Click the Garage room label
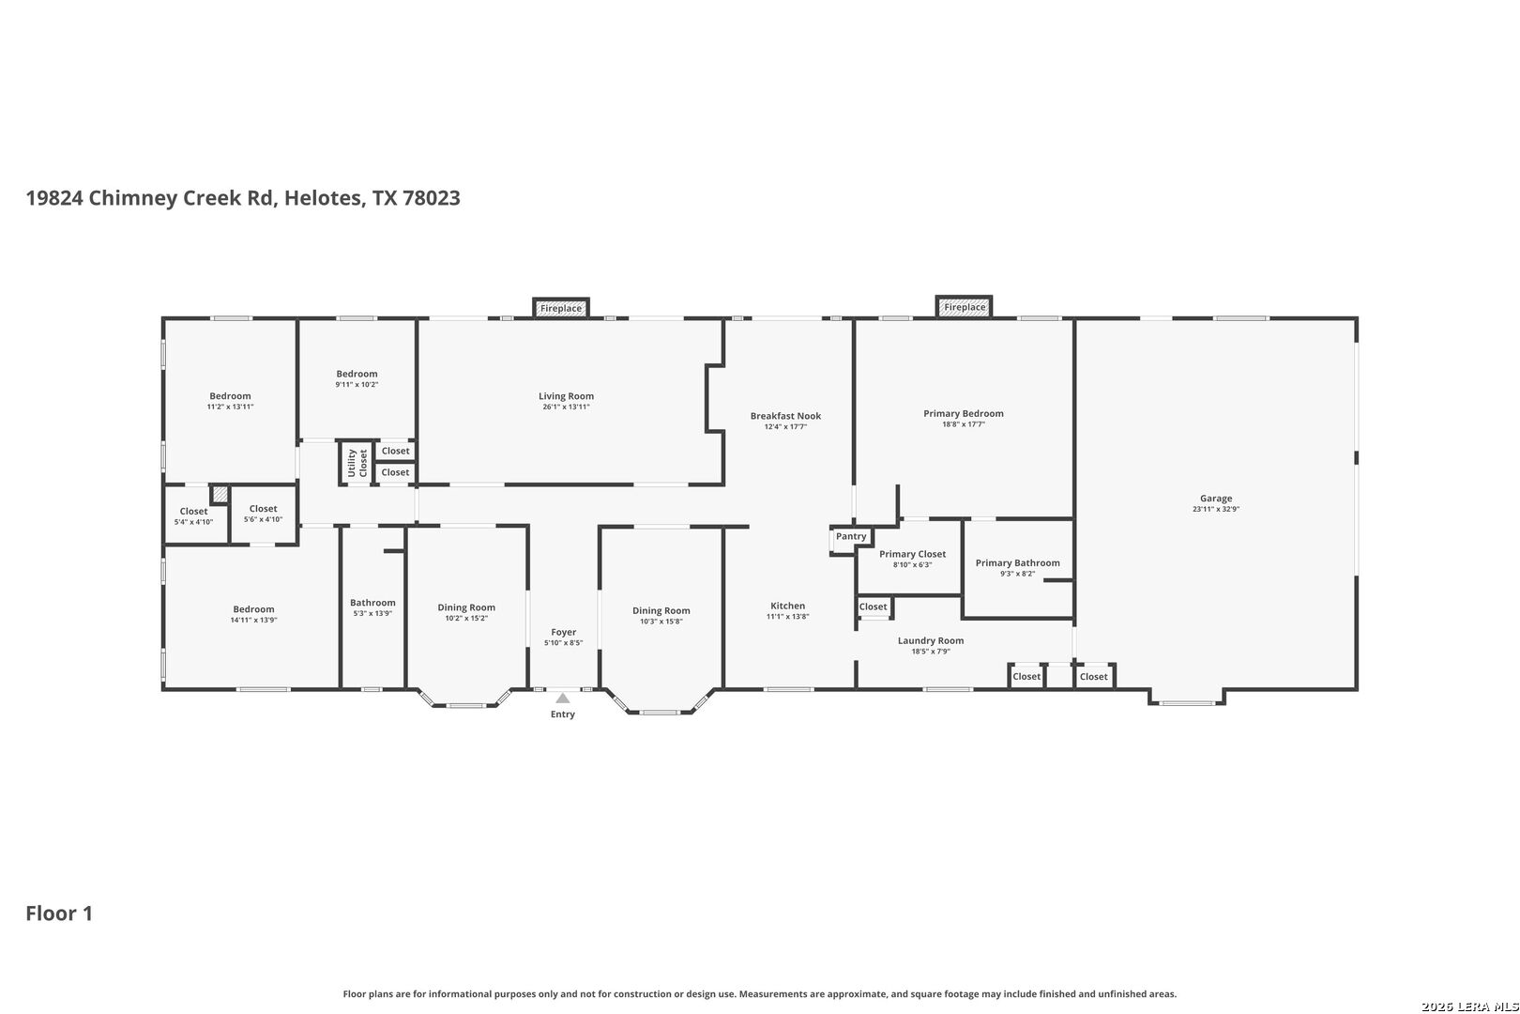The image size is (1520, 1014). coord(1215,499)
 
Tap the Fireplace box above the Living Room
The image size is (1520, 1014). coord(560,308)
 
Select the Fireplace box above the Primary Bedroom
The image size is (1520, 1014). coord(965,307)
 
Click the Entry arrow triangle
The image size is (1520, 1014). coord(562,698)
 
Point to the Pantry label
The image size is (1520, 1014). coord(851,536)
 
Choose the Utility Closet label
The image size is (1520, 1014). coord(357,463)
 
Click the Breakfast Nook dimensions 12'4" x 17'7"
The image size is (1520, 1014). coord(785,427)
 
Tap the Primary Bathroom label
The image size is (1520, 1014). coord(1017,563)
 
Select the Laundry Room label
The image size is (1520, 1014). coord(930,640)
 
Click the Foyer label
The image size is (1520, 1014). coord(563,632)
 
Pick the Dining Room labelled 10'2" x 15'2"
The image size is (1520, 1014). coord(466,607)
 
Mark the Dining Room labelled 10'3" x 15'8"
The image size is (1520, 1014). coord(661,610)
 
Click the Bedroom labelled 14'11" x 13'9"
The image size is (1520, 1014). coord(253,609)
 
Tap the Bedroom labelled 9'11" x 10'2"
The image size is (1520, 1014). coord(357,374)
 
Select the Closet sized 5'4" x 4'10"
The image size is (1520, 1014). coord(193,512)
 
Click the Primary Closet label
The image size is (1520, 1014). coord(912,554)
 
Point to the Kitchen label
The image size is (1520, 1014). coord(787,606)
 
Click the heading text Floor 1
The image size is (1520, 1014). coord(59,914)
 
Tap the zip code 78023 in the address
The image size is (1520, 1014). coord(431,198)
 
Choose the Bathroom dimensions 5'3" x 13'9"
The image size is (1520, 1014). coord(372,614)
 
